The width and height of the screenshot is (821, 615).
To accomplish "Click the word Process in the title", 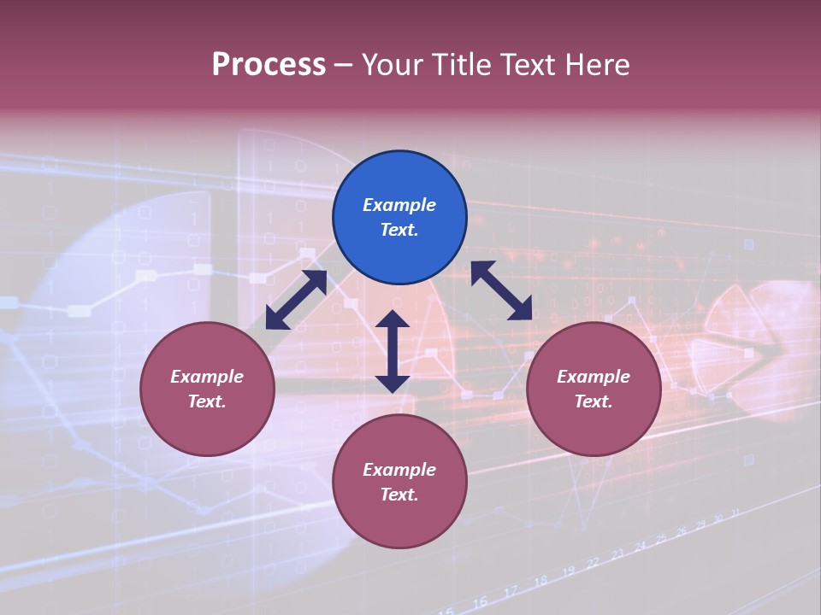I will coord(269,65).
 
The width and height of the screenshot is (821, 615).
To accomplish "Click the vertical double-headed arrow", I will coord(393,351).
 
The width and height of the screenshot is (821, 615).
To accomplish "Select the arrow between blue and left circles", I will coord(296,300).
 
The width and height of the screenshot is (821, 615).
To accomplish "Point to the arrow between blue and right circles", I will coord(501,290).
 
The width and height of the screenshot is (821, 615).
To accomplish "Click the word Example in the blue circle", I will coord(399,205).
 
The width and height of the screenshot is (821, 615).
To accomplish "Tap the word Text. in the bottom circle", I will coord(399,495).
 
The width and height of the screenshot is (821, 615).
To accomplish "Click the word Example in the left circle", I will coord(207,377).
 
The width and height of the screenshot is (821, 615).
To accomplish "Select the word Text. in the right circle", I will coord(594,401).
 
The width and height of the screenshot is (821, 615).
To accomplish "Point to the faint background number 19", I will coord(568,571).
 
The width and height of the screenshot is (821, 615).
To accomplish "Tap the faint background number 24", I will coord(640,547).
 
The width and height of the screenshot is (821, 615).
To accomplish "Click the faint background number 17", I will coord(511,591).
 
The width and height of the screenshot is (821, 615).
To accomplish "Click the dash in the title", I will coord(344,65).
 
